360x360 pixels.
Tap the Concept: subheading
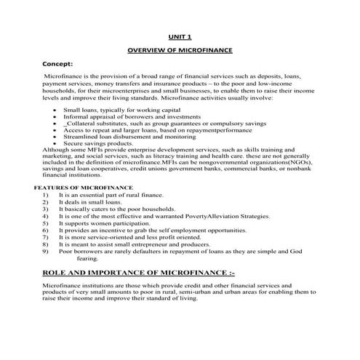tap(60, 63)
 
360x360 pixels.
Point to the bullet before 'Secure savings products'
tap(56, 143)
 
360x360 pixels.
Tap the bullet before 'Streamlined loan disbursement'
tap(56, 136)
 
